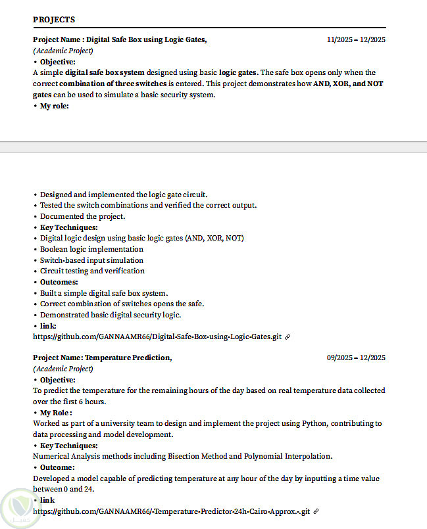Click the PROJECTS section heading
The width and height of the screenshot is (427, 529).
[54, 20]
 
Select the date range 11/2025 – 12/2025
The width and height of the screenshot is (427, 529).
[356, 39]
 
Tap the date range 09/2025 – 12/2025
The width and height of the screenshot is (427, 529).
[356, 357]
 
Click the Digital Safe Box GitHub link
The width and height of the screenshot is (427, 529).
[157, 336]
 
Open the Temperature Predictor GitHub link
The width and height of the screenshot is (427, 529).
[171, 511]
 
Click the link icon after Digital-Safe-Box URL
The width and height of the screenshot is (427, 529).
[288, 336]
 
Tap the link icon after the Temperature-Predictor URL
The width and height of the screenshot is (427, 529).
[316, 511]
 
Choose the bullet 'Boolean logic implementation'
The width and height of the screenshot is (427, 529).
[91, 249]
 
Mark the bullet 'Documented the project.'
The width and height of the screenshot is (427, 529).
[82, 216]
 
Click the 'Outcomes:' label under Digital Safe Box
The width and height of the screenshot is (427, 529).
[59, 282]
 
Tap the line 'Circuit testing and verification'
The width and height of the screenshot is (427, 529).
[92, 271]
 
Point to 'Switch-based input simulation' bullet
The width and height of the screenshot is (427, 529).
[92, 260]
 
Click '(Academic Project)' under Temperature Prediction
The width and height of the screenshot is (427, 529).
[63, 369]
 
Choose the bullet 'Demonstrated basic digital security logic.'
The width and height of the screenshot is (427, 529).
[111, 315]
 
